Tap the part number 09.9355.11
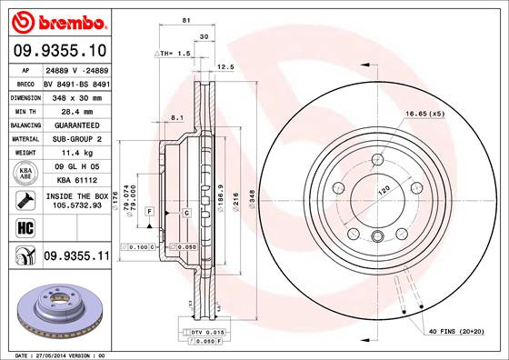(76, 257)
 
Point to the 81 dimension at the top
(185, 19)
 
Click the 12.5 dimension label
(227, 66)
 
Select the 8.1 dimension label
(177, 116)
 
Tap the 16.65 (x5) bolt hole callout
(425, 114)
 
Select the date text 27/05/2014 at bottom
(60, 355)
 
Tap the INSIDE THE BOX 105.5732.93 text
(76, 201)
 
